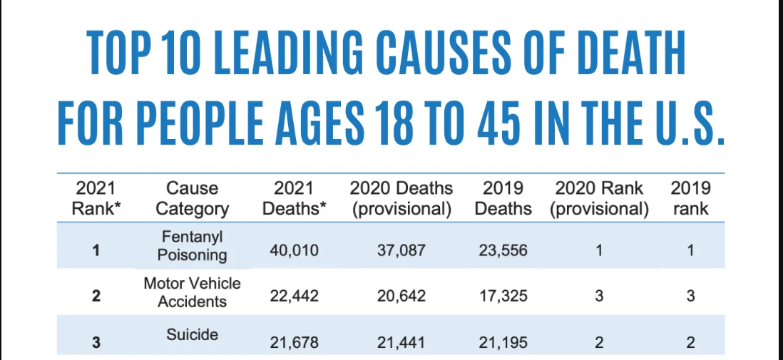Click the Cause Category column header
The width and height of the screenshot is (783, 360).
(192, 199)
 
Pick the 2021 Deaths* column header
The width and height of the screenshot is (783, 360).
(293, 199)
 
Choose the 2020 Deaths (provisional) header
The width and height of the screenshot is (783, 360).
(401, 199)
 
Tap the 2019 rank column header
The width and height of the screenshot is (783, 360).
(690, 199)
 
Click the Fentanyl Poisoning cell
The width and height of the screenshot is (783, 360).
(192, 245)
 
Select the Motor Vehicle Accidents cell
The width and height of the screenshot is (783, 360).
(192, 292)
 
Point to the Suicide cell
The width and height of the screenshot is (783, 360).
(192, 334)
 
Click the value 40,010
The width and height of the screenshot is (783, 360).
(294, 251)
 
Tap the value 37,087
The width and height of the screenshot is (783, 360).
(401, 251)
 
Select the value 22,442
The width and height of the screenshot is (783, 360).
(294, 297)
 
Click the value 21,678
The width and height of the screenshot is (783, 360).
(294, 343)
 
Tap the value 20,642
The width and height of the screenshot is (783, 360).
(401, 297)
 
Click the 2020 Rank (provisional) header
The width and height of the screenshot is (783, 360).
(599, 199)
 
